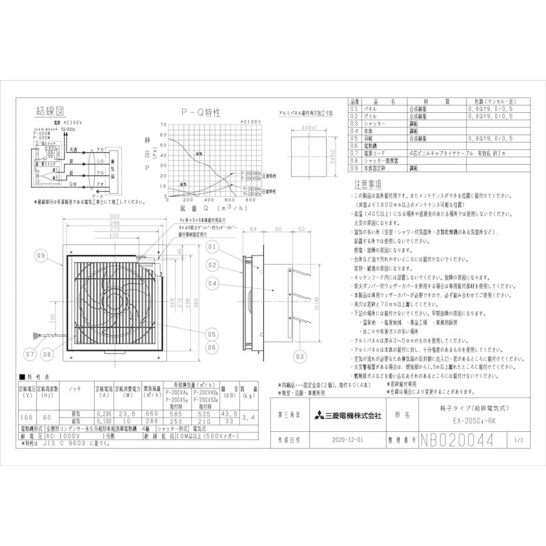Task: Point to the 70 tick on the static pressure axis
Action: [x=163, y=126]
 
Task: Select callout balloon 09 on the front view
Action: [x=41, y=256]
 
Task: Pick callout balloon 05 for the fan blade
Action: [x=211, y=334]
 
